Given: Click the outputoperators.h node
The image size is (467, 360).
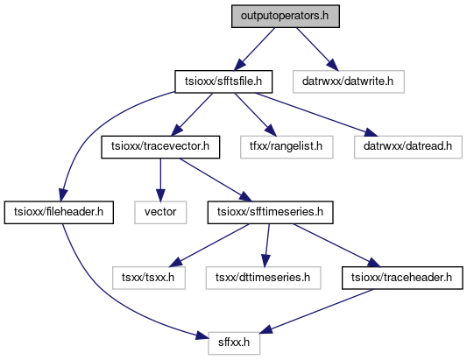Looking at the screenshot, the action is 286,16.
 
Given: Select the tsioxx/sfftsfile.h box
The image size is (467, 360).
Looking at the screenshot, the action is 223,81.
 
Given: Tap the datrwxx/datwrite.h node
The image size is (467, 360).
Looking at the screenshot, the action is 349,81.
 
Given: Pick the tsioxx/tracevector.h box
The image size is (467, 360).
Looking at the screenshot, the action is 160,147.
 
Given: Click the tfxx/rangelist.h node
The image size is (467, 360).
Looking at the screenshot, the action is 287,147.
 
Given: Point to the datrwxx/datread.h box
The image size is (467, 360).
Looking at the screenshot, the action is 408,147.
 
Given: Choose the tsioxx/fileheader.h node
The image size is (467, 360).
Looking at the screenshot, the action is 59,212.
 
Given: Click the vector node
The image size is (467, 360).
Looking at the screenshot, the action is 160,212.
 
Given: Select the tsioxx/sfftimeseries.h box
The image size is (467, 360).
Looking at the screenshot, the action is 270,212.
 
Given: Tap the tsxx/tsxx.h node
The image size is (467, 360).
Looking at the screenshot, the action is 149,278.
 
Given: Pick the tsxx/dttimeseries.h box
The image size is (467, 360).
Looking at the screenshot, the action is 263,278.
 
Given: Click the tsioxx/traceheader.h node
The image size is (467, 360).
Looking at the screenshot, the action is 402,278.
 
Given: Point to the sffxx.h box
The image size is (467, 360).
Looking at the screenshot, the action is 234,343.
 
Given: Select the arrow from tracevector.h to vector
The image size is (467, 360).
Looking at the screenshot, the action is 160,180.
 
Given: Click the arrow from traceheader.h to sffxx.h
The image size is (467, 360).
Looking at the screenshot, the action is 316,311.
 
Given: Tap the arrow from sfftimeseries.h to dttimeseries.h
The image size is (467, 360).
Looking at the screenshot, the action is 267,245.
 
